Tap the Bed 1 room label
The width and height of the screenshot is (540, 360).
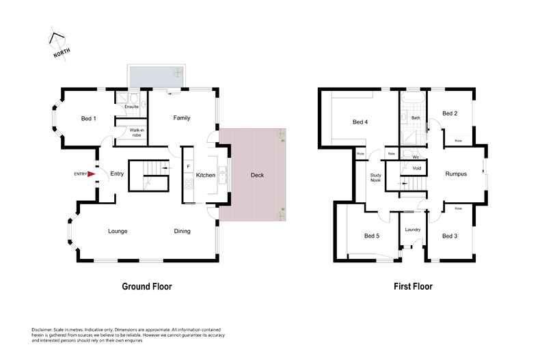pos(88,119)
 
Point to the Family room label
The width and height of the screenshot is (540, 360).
pos(181,118)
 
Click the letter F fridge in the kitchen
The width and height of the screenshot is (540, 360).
pos(187,166)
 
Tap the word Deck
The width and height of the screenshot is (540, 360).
pos(257,176)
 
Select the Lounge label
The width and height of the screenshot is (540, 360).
pos(118,231)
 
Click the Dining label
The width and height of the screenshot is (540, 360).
pos(182,231)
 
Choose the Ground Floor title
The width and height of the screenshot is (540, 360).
pos(146,287)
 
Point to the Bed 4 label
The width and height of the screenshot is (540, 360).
pos(360,122)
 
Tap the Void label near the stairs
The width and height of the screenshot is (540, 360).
pos(416,168)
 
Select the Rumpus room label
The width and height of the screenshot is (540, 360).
pos(456,174)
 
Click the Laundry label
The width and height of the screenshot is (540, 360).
pos(412,230)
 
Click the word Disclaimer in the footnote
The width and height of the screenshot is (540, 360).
pos(43,329)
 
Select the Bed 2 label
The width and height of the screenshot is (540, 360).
pos(449,113)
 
